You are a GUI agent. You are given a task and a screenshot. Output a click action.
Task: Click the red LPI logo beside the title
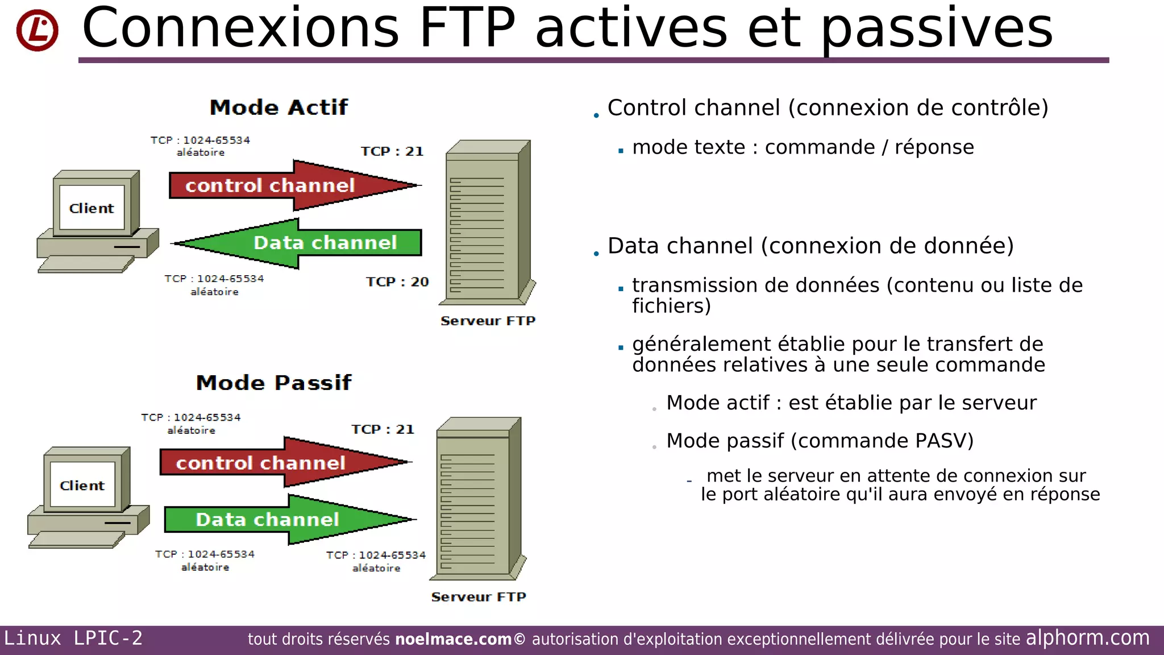[x=38, y=30]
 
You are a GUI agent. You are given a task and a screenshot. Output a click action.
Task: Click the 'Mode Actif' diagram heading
[x=278, y=107]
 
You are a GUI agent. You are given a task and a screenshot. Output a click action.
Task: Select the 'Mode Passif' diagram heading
[x=273, y=383]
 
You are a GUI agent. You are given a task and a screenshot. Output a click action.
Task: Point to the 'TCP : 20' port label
[x=397, y=282]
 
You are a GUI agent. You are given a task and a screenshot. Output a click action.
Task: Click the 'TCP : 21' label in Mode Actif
[x=392, y=151]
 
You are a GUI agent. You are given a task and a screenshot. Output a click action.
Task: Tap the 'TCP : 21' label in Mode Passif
[x=383, y=429]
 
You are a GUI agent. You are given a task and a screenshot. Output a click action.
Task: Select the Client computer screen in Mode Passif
[x=82, y=486]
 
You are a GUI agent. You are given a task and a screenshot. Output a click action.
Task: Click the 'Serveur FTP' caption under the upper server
[x=488, y=321]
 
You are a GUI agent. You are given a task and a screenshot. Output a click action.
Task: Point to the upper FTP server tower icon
[x=486, y=222]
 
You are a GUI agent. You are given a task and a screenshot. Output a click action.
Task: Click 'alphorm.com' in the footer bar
[x=1087, y=638]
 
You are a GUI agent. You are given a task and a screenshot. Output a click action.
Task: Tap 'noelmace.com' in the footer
[x=453, y=639]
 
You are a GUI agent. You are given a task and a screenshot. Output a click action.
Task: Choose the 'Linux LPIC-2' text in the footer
[x=73, y=638]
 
